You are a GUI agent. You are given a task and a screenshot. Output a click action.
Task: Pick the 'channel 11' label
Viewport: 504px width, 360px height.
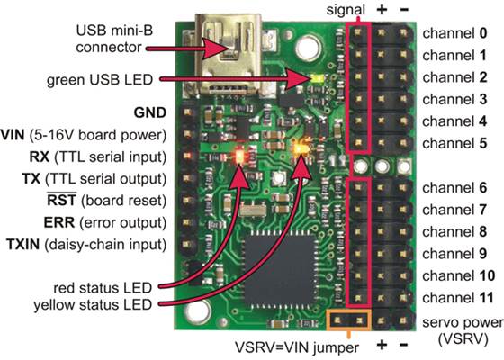458,296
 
